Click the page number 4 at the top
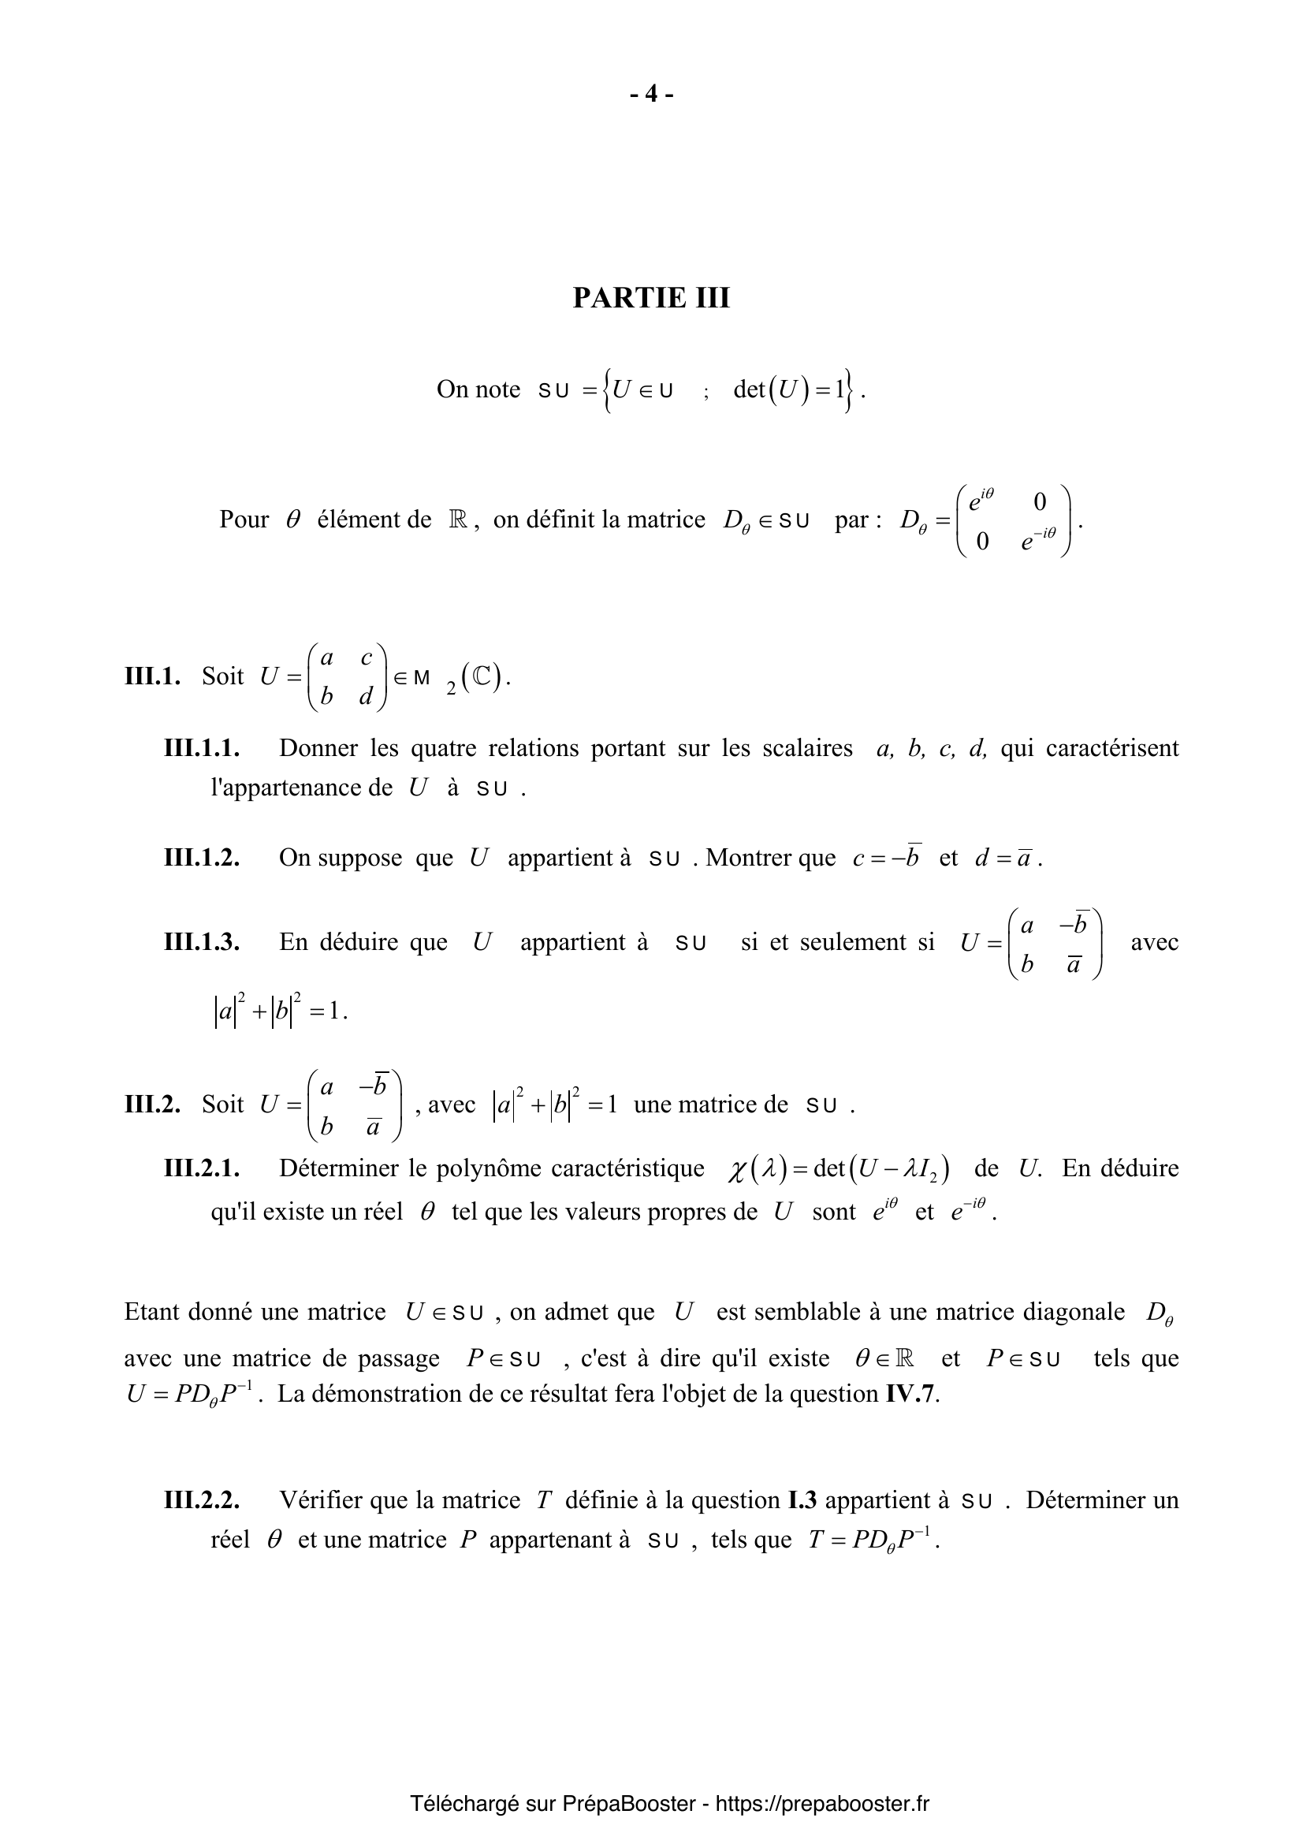pyautogui.click(x=651, y=95)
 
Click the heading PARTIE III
pyautogui.click(x=651, y=298)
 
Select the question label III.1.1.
pyautogui.click(x=203, y=748)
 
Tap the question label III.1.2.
pyautogui.click(x=203, y=858)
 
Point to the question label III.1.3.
pyautogui.click(x=203, y=941)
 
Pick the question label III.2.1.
pyautogui.click(x=203, y=1168)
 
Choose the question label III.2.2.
pyautogui.click(x=203, y=1500)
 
